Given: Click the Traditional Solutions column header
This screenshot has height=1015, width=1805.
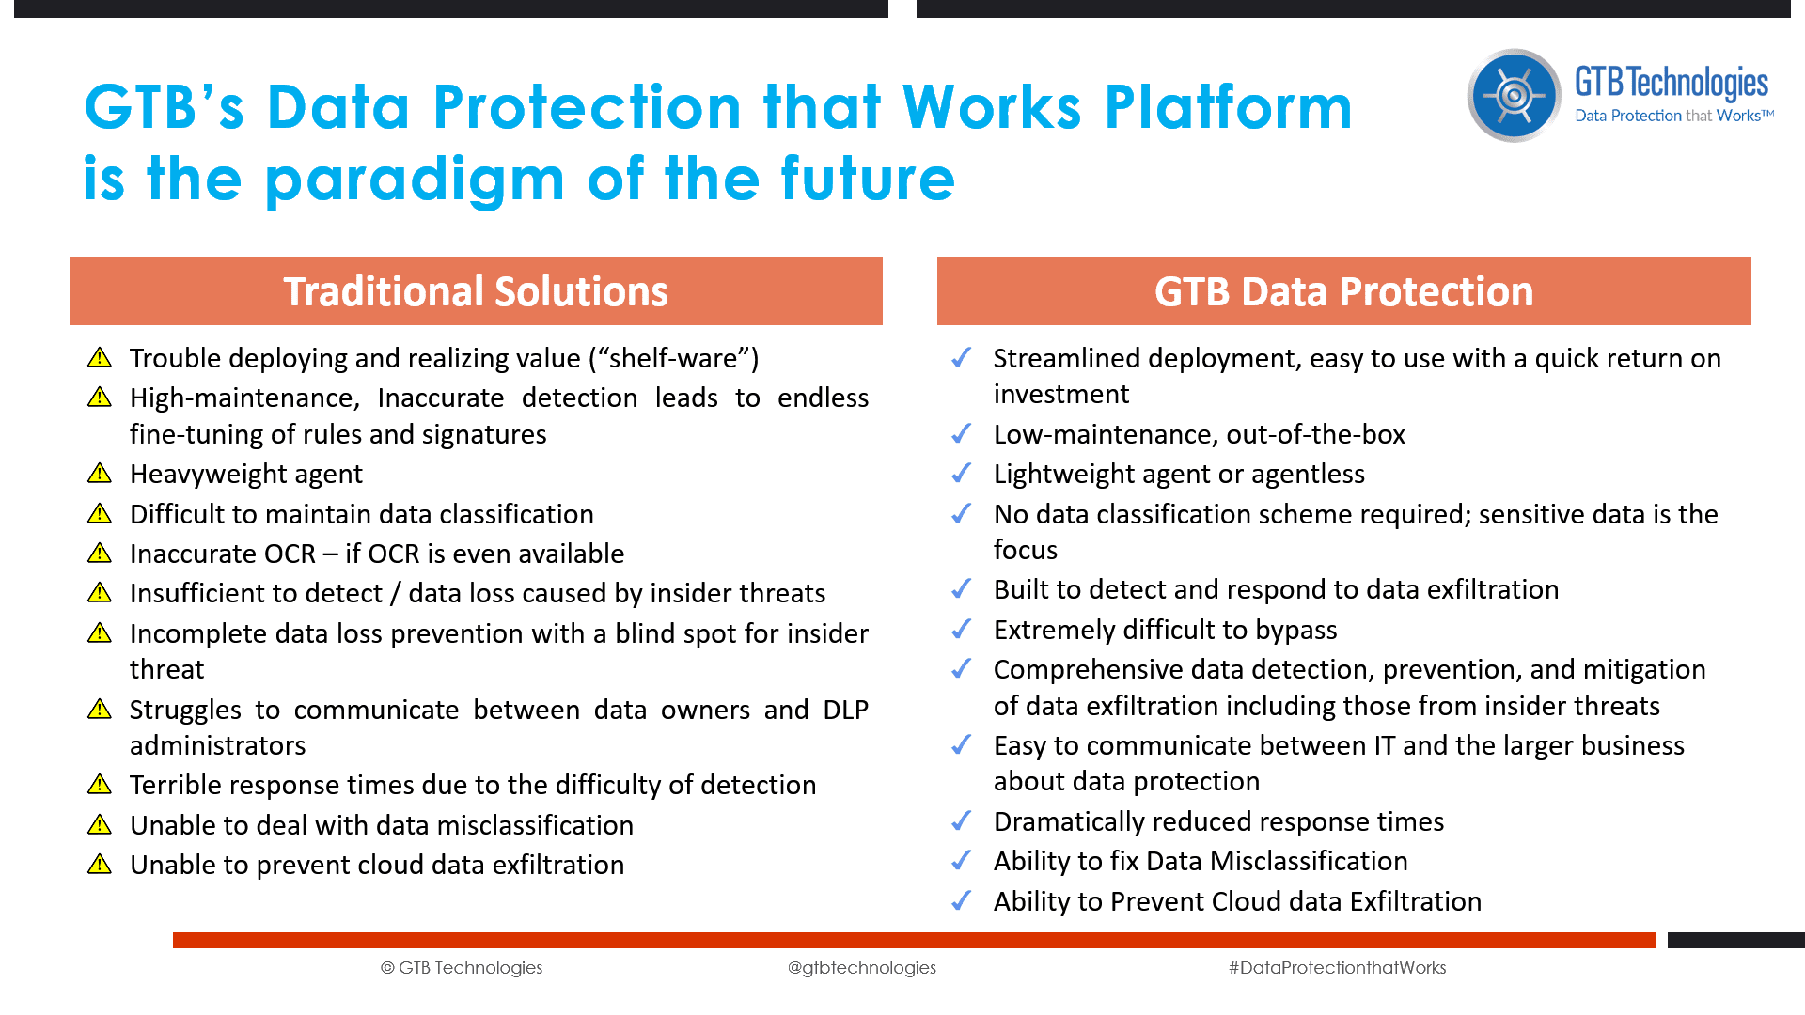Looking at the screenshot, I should point(476,291).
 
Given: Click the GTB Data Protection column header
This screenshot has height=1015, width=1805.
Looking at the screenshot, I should point(1343,291).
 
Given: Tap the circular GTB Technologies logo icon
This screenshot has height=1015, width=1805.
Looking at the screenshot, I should point(1514,95).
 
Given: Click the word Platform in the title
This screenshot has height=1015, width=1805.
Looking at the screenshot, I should point(1228,107).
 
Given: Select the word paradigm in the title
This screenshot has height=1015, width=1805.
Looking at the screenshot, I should point(415,180).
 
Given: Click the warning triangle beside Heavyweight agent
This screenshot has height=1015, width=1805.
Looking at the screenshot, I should point(100,474).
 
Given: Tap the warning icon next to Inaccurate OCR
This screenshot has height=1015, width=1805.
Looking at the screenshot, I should point(100,554).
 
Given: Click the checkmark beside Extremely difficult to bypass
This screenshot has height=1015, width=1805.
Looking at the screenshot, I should point(961,629).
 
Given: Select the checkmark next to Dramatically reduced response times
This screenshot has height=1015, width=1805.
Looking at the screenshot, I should point(961,820).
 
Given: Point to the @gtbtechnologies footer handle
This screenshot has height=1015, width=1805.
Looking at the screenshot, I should point(861,967).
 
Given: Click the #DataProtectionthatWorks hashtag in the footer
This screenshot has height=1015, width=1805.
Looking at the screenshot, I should point(1337,967).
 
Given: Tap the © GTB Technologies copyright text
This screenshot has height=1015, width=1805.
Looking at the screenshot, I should point(462,967).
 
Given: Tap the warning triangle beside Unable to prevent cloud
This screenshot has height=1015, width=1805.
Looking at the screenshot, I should point(100,865).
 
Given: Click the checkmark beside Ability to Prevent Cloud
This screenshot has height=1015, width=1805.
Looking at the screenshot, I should point(961,900).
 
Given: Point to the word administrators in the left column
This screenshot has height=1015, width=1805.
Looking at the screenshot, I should point(217,745).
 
